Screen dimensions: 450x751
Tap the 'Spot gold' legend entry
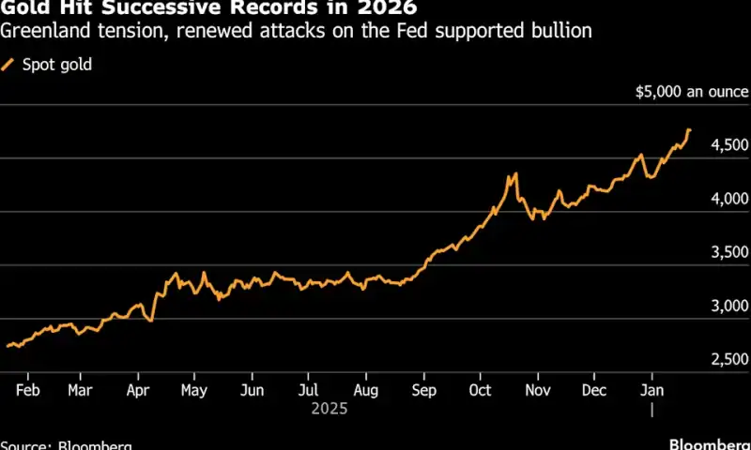tap(56, 65)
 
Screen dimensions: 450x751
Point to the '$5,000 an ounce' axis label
tap(691, 92)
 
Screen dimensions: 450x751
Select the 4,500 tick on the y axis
tap(728, 145)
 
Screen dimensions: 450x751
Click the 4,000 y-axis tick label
tap(728, 199)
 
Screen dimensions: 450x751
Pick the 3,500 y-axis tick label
tap(728, 252)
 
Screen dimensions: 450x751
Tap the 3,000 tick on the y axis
tap(728, 306)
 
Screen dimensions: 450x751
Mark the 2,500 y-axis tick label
tap(728, 359)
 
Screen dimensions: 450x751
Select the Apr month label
tap(138, 389)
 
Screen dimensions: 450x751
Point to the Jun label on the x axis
tap(252, 389)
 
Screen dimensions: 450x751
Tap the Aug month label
tap(366, 389)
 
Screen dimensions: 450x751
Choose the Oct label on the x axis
tap(480, 389)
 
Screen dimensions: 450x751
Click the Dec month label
tap(593, 389)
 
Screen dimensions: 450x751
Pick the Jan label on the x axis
tap(651, 389)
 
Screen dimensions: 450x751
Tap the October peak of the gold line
tap(514, 174)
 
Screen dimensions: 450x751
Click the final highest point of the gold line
tap(689, 129)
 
